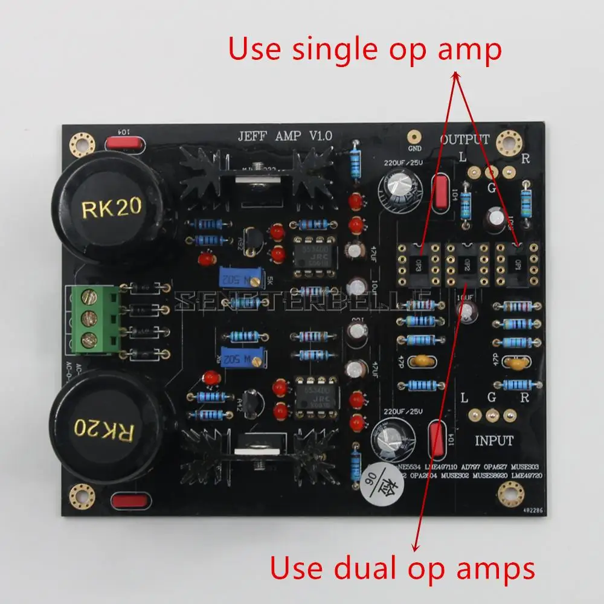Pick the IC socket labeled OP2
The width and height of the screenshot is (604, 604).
(466, 265)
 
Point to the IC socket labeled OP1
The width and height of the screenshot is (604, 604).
(517, 265)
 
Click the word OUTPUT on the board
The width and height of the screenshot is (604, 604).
(464, 140)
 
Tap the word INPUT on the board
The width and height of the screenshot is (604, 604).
(494, 440)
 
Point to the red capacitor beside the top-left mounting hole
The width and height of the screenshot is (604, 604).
(124, 144)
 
